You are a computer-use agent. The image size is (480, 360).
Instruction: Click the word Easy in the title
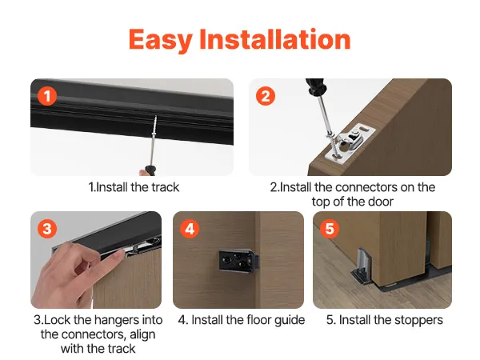(161, 40)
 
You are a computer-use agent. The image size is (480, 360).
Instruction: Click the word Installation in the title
(275, 38)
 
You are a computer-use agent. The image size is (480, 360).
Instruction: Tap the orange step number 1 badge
(47, 96)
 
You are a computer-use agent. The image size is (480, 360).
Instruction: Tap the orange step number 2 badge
(266, 96)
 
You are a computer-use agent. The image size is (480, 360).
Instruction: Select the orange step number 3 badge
(47, 228)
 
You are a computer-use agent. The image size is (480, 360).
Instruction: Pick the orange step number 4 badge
(190, 228)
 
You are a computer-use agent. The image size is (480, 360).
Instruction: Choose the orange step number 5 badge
(330, 228)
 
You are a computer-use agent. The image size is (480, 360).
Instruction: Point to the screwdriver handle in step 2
(316, 86)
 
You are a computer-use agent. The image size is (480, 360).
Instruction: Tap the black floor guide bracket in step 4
(239, 261)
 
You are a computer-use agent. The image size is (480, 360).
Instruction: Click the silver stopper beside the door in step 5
(362, 264)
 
